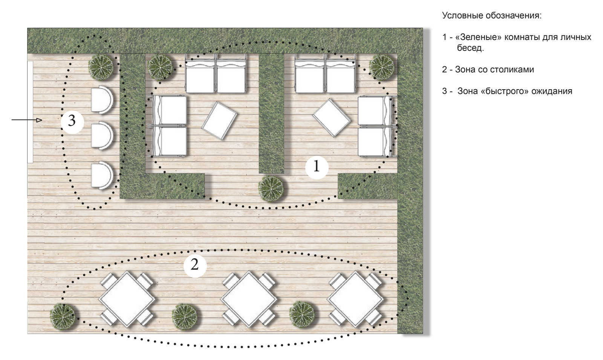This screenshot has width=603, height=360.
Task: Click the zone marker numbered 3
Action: (72, 122)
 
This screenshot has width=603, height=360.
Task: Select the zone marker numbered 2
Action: (195, 266)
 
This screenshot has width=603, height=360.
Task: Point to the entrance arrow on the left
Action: (27, 120)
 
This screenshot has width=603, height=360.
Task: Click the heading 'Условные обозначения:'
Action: (491, 15)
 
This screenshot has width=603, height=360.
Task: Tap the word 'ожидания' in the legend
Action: (552, 91)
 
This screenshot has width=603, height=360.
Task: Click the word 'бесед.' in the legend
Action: (470, 48)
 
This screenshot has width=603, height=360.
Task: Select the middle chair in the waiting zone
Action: (101, 135)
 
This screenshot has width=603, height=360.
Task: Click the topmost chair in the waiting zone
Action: (101, 100)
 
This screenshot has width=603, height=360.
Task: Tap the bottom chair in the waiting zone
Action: (101, 175)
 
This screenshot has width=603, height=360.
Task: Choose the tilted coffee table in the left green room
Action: (219, 121)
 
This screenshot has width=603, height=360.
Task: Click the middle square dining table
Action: (249, 299)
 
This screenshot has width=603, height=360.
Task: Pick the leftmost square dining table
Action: (127, 299)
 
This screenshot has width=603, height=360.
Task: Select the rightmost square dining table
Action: (355, 299)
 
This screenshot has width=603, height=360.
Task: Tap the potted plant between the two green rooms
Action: (271, 189)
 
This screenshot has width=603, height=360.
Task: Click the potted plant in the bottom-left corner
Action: (63, 316)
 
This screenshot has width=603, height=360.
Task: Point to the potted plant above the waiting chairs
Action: (101, 67)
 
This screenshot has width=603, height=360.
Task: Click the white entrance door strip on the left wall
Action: (30, 112)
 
